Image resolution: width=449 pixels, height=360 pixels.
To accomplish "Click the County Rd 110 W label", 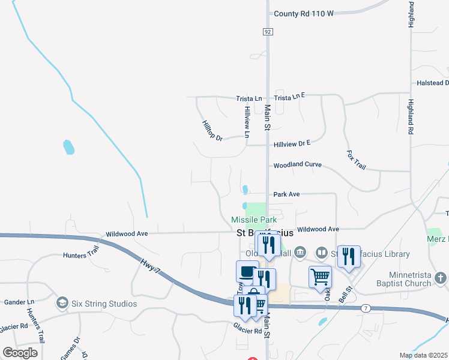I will coord(303,14).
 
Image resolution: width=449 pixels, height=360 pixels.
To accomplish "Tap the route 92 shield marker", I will coord(268,31).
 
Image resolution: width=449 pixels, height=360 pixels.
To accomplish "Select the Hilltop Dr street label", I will coord(212,130).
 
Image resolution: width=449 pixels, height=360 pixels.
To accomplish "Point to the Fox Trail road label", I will coord(356,159).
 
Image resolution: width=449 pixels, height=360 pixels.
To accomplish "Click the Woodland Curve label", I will coord(297,165).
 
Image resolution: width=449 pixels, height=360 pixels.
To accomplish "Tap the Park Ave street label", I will coord(286,194).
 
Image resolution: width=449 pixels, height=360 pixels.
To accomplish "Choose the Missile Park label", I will coord(254,220).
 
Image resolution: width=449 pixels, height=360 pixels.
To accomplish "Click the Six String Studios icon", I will coord(61,303).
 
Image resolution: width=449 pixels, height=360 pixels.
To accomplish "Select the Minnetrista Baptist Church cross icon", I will coord(441,278).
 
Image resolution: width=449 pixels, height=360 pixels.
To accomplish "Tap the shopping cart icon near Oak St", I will coord(320,277).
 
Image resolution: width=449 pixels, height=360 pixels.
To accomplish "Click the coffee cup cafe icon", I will coord(247,271).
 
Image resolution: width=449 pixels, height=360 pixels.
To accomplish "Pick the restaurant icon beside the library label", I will coord(349,256).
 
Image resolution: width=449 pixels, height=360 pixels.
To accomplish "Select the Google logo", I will coord(20,353).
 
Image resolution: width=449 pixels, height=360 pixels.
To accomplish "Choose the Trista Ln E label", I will coord(290,96).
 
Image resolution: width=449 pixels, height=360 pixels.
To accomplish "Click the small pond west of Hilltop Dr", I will coord(69,146).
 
